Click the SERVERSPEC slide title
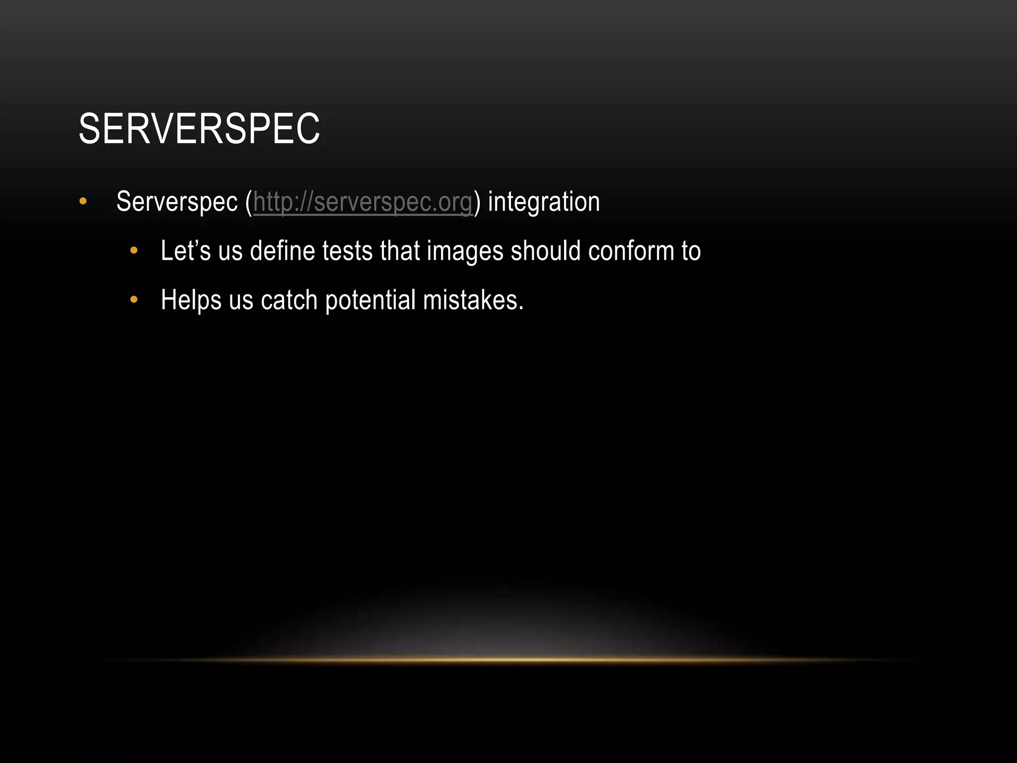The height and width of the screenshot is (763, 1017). coord(199,129)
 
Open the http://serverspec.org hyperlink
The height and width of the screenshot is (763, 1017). coord(363,202)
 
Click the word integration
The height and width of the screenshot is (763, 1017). coord(544,202)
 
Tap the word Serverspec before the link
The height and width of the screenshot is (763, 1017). coord(177,202)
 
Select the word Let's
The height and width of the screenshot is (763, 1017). coord(186,251)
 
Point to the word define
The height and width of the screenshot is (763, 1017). coord(283,251)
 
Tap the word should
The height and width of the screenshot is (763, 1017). coord(546,251)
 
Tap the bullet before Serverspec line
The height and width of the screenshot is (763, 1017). coord(83,202)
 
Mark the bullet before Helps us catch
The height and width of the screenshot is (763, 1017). coord(133,300)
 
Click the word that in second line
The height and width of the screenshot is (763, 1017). coord(399,251)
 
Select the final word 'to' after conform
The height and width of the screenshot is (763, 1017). coord(691,251)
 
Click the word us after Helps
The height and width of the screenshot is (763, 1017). coord(241,301)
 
